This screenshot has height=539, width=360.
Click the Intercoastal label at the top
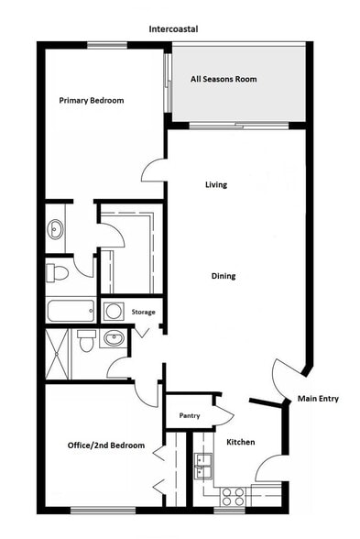tap(173, 29)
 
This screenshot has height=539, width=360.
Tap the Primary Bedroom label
tap(92, 100)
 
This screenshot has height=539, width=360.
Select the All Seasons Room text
tap(224, 80)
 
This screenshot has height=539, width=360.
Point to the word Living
tap(215, 185)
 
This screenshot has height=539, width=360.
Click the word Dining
tap(223, 275)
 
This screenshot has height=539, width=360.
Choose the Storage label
tap(144, 313)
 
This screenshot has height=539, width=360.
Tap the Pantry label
tap(190, 416)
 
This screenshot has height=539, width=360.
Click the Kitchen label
tap(240, 442)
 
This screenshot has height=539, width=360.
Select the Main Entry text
tap(318, 398)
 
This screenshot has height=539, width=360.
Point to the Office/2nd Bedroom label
tap(105, 445)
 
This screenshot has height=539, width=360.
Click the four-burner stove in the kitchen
tap(233, 496)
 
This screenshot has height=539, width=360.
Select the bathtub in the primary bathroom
tap(70, 311)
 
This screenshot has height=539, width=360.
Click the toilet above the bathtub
tap(58, 272)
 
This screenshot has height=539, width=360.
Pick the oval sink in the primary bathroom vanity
tap(55, 228)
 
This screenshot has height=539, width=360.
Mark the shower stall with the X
tap(57, 353)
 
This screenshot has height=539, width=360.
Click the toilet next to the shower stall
tap(86, 342)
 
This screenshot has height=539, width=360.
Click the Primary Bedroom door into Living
tap(154, 170)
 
